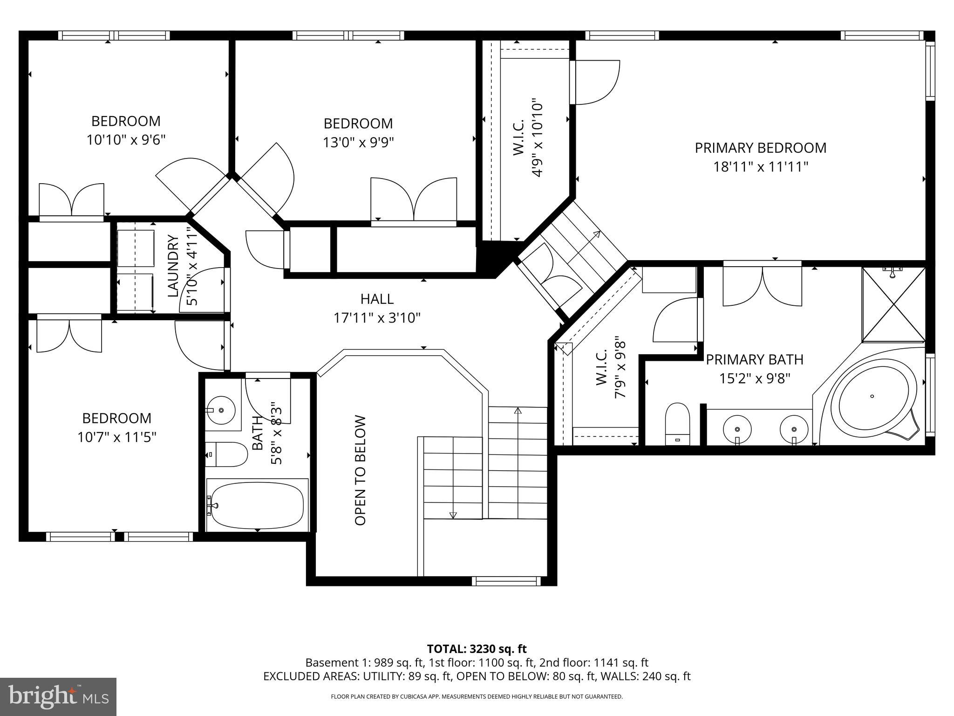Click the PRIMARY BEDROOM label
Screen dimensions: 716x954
pos(760,148)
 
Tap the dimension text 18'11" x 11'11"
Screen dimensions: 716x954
pos(760,167)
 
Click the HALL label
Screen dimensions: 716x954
pos(377,299)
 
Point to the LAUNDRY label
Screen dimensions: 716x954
pos(173,266)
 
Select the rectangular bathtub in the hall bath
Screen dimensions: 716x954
pos(257,505)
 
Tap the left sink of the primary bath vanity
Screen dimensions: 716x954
pos(737,428)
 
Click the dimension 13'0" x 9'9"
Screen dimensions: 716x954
pos(358,142)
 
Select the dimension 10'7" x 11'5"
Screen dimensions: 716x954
pos(116,437)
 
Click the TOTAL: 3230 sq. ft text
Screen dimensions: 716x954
pos(477,649)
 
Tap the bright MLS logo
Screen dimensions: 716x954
pos(58,696)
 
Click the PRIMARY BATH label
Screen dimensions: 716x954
pos(755,360)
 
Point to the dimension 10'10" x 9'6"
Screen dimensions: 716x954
pos(126,140)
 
